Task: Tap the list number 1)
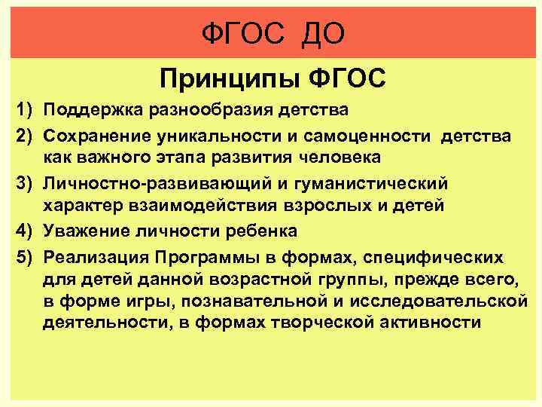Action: point(26,111)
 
